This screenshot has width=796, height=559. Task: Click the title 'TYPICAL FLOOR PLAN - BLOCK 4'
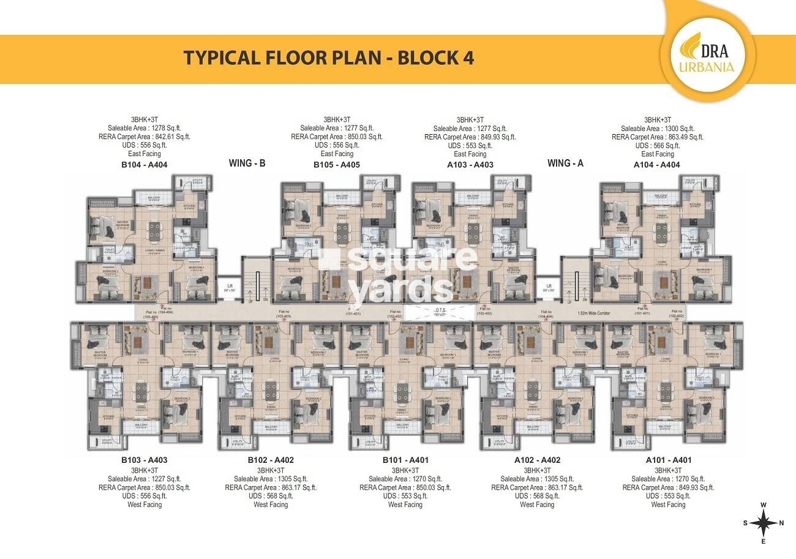(329, 58)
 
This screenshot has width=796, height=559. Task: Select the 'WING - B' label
(247, 163)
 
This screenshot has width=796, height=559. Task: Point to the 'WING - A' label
(565, 163)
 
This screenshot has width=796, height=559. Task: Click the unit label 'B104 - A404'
(144, 164)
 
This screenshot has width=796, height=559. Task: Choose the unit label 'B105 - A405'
(336, 164)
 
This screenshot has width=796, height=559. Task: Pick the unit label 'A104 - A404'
(657, 164)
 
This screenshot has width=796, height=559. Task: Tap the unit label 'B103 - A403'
(144, 460)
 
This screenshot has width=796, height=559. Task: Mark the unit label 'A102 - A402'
(537, 460)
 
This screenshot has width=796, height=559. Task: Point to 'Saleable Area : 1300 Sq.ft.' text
(657, 129)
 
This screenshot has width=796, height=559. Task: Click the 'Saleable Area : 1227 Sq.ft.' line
(144, 479)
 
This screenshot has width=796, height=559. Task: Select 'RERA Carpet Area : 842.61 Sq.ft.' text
(144, 137)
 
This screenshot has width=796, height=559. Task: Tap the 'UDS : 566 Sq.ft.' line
(657, 146)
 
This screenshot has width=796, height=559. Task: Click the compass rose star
(763, 523)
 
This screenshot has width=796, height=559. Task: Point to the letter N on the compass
(782, 523)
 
